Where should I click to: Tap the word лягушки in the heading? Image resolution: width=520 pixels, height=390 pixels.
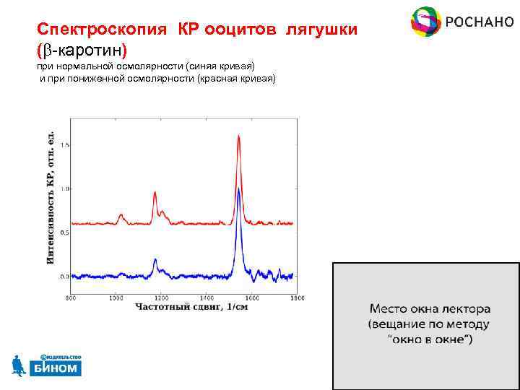[x=321, y=31]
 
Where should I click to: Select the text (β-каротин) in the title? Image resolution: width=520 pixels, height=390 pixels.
[x=82, y=51]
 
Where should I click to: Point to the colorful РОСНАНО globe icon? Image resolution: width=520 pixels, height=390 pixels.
[x=426, y=22]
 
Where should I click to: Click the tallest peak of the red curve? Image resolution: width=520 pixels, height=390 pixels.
[x=239, y=137]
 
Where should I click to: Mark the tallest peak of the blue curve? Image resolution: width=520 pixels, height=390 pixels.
[x=239, y=189]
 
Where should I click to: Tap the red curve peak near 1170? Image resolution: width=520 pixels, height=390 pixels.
[x=155, y=193]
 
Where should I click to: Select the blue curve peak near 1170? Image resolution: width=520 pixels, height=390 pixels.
[x=155, y=259]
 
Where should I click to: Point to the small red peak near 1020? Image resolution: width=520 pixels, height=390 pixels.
[x=121, y=214]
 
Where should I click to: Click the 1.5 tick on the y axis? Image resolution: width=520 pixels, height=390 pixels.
[x=64, y=145]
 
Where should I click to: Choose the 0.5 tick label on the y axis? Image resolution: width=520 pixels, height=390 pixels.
[x=64, y=233]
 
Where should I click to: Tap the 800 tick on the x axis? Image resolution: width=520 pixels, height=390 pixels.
[x=71, y=298]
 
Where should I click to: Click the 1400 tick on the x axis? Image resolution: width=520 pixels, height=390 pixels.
[x=206, y=298]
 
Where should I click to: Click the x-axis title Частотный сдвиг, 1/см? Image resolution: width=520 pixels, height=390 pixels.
[x=183, y=307]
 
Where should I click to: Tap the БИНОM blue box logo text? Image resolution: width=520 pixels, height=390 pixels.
[x=56, y=368]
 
